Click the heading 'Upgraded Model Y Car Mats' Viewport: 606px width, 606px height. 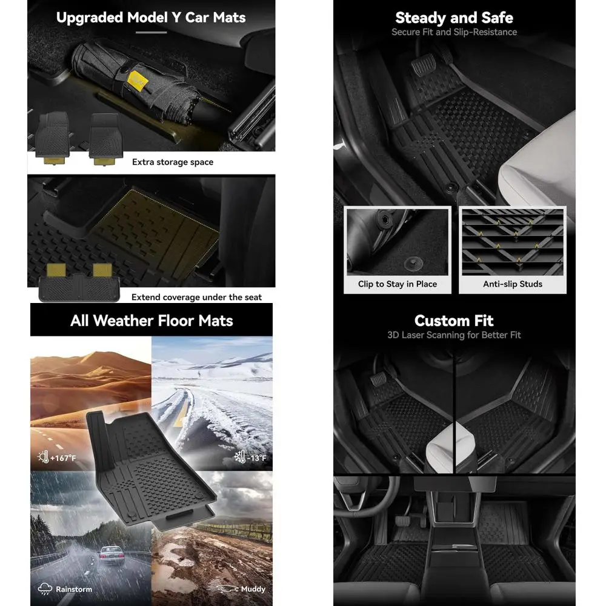tap(151, 17)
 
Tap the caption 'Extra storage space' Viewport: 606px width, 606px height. tap(173, 162)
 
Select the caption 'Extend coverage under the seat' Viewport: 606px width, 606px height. tap(196, 297)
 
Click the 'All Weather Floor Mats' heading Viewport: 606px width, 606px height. tap(151, 321)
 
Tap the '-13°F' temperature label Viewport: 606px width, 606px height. tap(251, 458)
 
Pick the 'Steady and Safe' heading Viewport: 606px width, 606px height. tap(454, 18)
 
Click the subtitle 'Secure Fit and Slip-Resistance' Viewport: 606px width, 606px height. tap(454, 32)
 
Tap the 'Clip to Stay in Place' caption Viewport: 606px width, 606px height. tap(397, 284)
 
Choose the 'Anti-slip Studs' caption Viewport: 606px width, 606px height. tap(513, 284)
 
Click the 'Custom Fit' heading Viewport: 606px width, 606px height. tap(454, 321)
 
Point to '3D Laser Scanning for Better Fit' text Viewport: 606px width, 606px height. tap(454, 335)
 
